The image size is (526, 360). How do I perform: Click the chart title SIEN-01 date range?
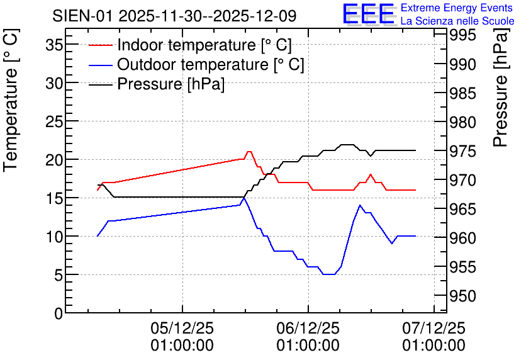174,16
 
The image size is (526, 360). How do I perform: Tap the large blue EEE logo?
369,14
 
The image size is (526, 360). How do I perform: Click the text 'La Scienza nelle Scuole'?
457,21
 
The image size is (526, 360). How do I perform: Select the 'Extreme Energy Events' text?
457,8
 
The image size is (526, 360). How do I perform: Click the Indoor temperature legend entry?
190,45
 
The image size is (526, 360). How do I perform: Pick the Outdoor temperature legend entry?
196,64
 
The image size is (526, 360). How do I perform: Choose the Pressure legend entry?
157,84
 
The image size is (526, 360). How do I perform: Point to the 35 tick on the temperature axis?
54,45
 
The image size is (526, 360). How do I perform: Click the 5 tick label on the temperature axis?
59,275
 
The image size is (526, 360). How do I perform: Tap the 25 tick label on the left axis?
54,121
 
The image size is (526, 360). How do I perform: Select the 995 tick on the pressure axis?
462,35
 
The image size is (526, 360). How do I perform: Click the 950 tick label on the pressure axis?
462,296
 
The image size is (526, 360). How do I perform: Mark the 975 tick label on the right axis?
462,151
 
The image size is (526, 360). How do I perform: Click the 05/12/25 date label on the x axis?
182,328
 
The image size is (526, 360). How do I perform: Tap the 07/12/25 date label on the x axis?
434,328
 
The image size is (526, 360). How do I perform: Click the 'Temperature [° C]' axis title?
11,101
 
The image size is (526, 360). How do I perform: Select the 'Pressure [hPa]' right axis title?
500,87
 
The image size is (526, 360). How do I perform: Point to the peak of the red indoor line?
249,152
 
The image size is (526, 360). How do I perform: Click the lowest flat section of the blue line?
328,274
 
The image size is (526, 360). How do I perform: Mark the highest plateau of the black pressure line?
347,145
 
